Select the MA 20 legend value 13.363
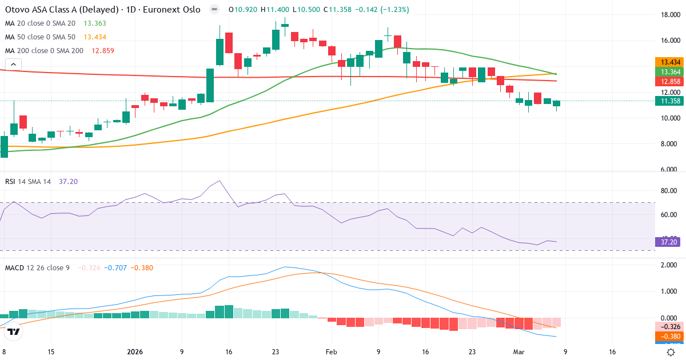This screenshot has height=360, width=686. [x=94, y=23]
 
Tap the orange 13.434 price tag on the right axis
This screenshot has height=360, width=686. [x=669, y=62]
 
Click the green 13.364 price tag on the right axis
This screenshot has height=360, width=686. [x=669, y=72]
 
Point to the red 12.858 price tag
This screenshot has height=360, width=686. [x=669, y=82]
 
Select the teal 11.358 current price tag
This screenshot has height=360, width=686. [x=669, y=101]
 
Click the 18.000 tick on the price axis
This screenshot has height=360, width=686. [x=669, y=15]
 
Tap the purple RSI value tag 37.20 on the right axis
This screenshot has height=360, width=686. [x=669, y=242]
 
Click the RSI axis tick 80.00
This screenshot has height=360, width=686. [x=669, y=191]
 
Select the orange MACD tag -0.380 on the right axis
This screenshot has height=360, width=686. [x=669, y=337]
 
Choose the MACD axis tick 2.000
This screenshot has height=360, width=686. [x=669, y=265]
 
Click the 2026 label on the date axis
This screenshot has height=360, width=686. [x=135, y=352]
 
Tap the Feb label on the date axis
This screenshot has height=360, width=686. [x=331, y=352]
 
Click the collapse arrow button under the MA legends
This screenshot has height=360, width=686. [x=13, y=65]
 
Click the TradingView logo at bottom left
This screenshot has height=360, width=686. [x=14, y=331]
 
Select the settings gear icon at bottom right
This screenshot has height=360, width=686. [x=671, y=352]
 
